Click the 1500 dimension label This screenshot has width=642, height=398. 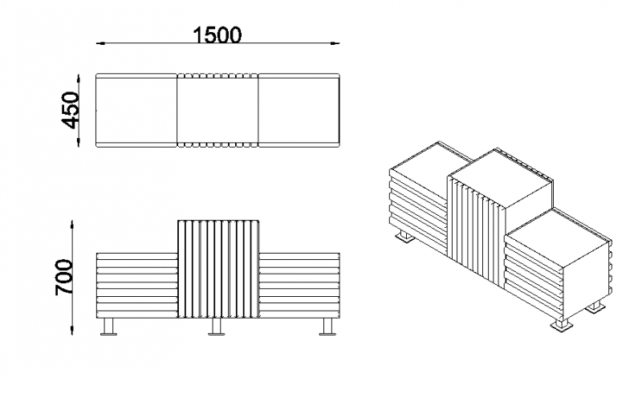[x=217, y=35]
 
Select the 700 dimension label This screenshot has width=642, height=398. [x=64, y=277]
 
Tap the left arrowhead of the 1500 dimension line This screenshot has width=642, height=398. [x=101, y=43]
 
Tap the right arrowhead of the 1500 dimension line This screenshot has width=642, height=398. [x=335, y=43]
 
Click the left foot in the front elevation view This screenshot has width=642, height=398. [x=108, y=327]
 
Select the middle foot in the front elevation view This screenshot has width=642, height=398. [x=216, y=327]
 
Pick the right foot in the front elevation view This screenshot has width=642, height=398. [x=327, y=327]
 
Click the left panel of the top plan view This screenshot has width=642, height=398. [x=136, y=110]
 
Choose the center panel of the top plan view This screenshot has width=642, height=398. [x=217, y=110]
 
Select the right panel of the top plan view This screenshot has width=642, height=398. [x=299, y=110]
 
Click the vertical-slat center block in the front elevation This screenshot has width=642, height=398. [x=218, y=269]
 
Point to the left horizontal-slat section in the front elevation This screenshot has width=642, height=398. [x=137, y=285]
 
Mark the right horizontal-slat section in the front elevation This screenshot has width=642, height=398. [x=299, y=285]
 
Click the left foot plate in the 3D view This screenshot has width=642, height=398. [x=404, y=238]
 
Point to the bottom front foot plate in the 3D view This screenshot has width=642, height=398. [x=559, y=325]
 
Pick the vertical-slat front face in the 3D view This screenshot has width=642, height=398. [x=477, y=229]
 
